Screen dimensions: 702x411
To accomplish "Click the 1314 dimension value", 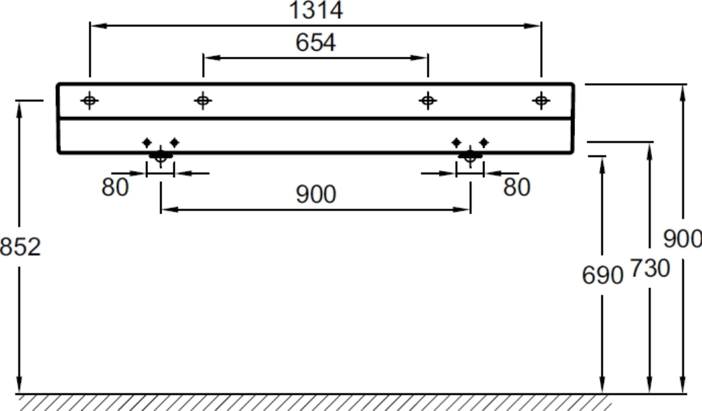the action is tap(316, 10).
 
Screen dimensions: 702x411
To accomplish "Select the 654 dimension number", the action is tap(316, 43).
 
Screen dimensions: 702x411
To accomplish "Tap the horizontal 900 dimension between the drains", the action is tap(316, 195).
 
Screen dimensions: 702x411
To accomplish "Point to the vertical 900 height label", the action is tap(682, 239).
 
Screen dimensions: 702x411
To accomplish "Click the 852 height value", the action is tap(20, 247).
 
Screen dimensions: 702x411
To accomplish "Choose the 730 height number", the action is tap(649, 268).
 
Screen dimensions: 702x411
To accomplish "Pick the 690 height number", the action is tap(603, 275).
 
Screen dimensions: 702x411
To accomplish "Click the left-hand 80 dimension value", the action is tap(115, 187).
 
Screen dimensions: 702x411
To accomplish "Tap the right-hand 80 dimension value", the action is tap(517, 187).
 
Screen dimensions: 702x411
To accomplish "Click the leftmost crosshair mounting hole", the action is tap(90, 100).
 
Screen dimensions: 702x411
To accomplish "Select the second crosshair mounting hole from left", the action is tap(203, 100).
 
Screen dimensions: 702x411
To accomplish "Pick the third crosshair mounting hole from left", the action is tap(428, 100).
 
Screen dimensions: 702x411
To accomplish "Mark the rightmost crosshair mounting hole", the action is tap(541, 100).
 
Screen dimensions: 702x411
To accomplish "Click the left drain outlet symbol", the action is tap(161, 157).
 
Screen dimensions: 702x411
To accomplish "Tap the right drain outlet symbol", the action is tap(470, 157).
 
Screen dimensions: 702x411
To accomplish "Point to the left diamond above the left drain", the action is tap(147, 143).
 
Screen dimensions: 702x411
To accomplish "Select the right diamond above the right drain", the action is tap(484, 143).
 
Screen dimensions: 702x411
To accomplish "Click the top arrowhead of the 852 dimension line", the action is tap(19, 110).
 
